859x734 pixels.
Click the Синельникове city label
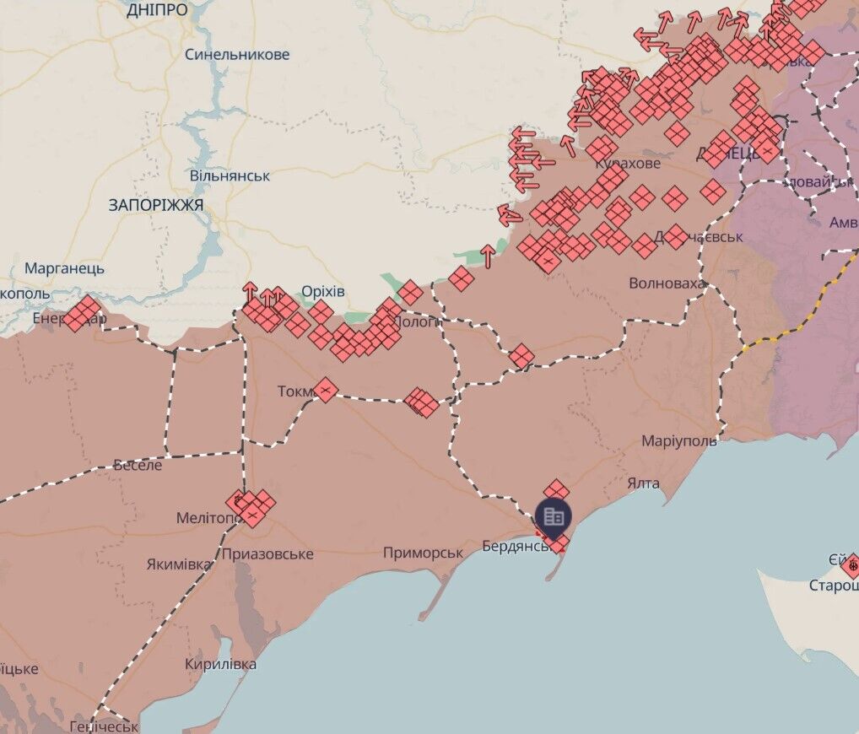(237, 55)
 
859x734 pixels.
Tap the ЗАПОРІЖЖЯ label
(156, 205)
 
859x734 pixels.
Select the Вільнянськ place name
(230, 176)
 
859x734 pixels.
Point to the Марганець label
(65, 268)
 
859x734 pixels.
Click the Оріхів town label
(323, 291)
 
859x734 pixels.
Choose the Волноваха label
(667, 283)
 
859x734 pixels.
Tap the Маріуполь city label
(679, 441)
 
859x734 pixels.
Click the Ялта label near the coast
(643, 483)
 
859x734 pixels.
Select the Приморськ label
(423, 553)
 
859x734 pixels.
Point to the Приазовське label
(267, 554)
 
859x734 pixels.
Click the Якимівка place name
(179, 564)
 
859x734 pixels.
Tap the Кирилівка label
(221, 664)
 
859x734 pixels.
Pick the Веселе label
(138, 464)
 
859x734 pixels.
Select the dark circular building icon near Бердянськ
(554, 516)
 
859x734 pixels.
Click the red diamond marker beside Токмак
(326, 390)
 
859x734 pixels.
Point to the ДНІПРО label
(157, 10)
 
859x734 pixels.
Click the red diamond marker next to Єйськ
(851, 564)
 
